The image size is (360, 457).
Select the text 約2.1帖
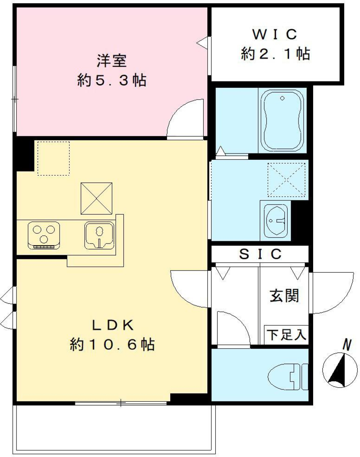pyautogui.click(x=275, y=55)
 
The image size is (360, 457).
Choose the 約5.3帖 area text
pyautogui.click(x=112, y=81)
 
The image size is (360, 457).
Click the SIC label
pyautogui.click(x=260, y=254)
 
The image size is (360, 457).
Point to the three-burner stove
pyautogui.click(x=44, y=235)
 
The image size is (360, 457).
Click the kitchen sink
pyautogui.click(x=99, y=236)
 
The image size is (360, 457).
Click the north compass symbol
pyautogui.click(x=340, y=370)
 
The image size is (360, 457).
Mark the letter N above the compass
pyautogui.click(x=348, y=344)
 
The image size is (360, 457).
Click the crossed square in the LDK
pyautogui.click(x=97, y=198)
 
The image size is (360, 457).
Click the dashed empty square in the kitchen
pyautogui.click(x=53, y=158)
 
